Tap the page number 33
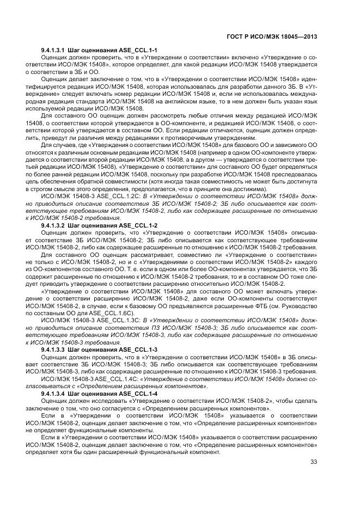(x=313, y=463)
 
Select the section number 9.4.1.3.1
(x=56, y=50)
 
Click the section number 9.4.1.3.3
(x=56, y=349)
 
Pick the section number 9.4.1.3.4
(x=56, y=393)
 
